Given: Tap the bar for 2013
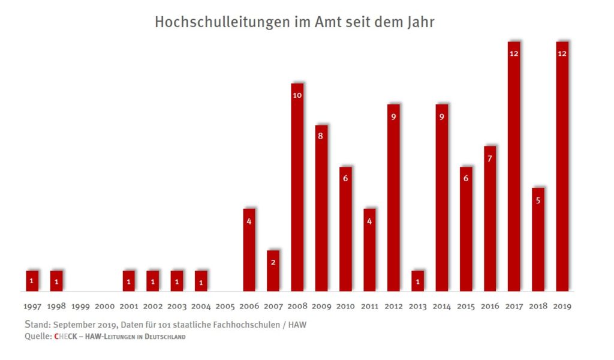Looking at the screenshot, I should (x=418, y=281).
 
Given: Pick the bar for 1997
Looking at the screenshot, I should (x=32, y=281).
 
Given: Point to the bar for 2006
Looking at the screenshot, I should (x=249, y=250).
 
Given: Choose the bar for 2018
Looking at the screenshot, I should (x=538, y=239).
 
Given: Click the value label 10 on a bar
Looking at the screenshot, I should (x=297, y=95).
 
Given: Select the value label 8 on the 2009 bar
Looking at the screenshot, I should (x=321, y=136).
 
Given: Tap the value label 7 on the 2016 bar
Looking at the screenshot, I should (x=489, y=158).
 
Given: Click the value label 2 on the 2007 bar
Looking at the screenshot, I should (x=273, y=262).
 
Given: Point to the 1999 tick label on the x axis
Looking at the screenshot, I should (x=80, y=306).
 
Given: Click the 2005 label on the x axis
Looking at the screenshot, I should (x=225, y=306).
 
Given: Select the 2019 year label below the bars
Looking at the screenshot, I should (x=562, y=306).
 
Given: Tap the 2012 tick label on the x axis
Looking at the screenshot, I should (x=393, y=306).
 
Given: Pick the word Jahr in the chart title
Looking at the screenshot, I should (x=420, y=22).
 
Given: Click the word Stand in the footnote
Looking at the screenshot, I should (x=39, y=325).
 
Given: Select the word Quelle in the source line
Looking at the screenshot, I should (x=38, y=337).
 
